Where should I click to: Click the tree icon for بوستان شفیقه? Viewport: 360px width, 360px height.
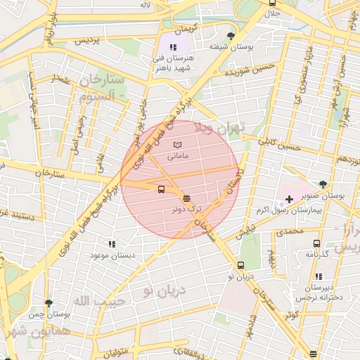pos(231,36)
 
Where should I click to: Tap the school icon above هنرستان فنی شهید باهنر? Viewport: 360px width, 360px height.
pos(174,47)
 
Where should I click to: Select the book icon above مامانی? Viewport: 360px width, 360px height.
pos(176,145)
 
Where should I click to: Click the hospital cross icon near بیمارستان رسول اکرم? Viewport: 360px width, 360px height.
pos(289,199)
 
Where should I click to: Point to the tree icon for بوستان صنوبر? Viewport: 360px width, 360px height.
pos(323,184)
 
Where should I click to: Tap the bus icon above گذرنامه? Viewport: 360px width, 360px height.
pos(316,243)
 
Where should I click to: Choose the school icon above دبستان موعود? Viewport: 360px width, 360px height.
pos(112,243)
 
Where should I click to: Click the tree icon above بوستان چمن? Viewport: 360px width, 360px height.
pos(48,303)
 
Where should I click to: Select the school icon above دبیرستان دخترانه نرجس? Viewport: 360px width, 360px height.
pos(319,277)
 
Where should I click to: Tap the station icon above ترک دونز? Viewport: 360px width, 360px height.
pos(186,198)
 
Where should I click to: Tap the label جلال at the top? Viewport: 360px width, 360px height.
pos(271,13)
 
